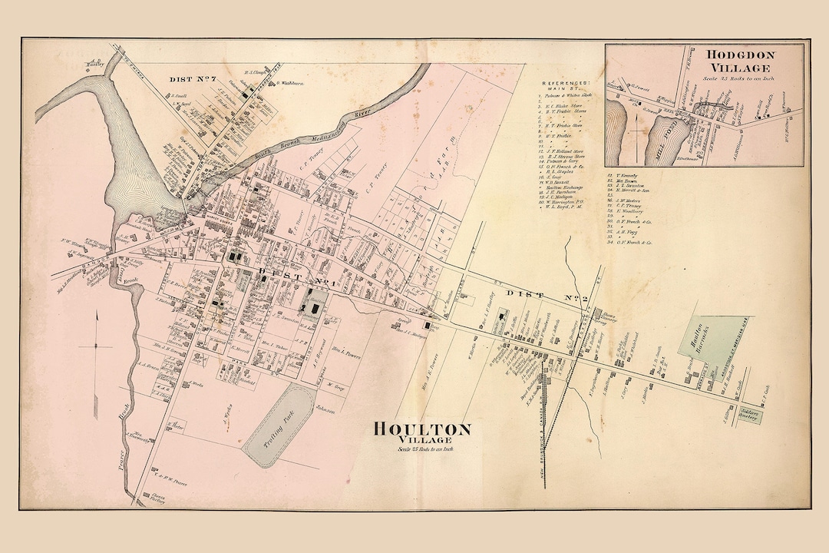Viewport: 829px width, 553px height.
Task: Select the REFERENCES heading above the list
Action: (566, 84)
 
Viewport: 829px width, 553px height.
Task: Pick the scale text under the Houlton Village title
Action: (422, 449)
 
